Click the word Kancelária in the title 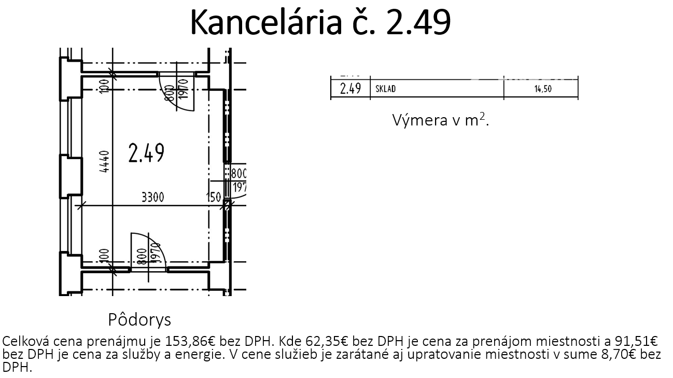[x=266, y=22]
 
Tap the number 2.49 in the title [x=418, y=22]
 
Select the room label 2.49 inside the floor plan [x=146, y=153]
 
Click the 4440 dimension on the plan [x=104, y=162]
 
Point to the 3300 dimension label [x=153, y=198]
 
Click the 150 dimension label [x=214, y=198]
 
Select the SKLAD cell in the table [x=385, y=89]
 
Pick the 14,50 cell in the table [x=543, y=89]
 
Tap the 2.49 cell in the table [x=350, y=89]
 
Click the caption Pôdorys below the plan [x=139, y=320]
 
